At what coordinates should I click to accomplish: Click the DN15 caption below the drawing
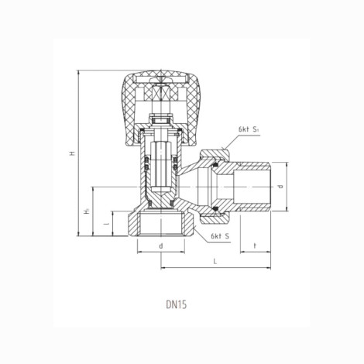pos(176,304)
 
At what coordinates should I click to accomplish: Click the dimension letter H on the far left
pos(72,153)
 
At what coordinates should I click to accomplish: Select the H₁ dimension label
pos(87,211)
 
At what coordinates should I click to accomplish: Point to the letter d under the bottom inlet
pos(161,246)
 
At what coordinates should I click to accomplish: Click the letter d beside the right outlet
pos(280,187)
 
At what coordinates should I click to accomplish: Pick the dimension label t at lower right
pos(255,246)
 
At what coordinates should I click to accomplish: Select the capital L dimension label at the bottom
pos(215,261)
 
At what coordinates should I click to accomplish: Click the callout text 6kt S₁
pos(249,129)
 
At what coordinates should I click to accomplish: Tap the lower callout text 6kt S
pos(220,236)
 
